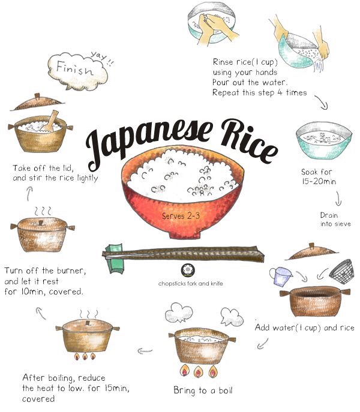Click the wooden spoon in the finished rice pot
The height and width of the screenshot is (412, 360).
53,119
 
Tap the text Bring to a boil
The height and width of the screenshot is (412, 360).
202,390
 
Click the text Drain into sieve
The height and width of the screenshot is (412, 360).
335,219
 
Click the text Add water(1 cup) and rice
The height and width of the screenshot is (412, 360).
305,328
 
